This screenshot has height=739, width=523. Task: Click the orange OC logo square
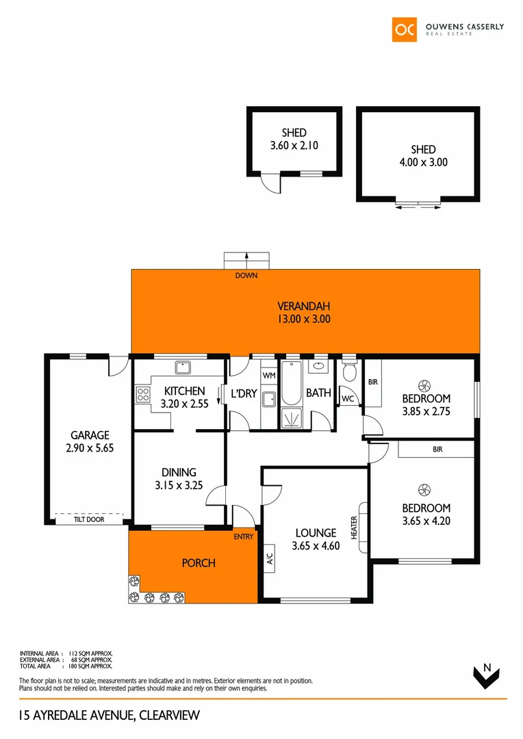[404, 29]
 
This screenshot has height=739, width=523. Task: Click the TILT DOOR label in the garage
[90, 520]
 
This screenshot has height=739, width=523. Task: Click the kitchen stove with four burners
[143, 393]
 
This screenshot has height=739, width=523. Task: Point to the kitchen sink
[183, 367]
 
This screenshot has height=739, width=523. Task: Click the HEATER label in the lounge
[355, 528]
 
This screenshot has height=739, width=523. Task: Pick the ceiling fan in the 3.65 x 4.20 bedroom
[424, 489]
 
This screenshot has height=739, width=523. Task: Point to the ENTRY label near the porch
[243, 536]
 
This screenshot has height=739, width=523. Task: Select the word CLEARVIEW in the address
[169, 716]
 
